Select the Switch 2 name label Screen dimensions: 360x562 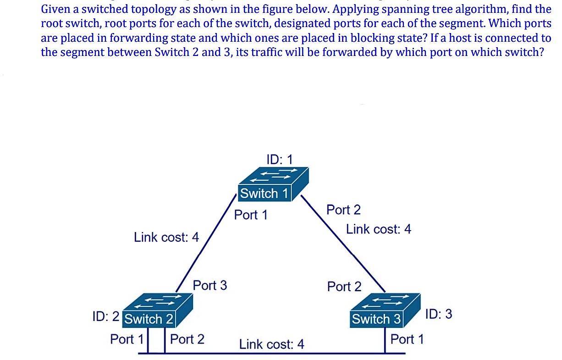click(x=149, y=319)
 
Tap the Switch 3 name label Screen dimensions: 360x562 click(x=376, y=319)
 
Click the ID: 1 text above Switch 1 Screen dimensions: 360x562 click(x=279, y=159)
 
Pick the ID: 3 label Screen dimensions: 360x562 click(x=439, y=314)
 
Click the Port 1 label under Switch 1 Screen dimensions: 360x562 click(x=251, y=215)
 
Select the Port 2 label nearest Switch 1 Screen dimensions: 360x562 click(x=343, y=210)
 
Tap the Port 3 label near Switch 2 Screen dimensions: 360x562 click(x=210, y=285)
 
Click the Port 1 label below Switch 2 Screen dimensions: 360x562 click(x=127, y=339)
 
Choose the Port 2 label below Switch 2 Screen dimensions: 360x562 click(x=187, y=339)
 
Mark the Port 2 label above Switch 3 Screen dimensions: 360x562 click(x=344, y=287)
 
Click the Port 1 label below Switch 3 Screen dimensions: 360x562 click(x=407, y=339)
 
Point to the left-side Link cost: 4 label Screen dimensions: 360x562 click(x=166, y=237)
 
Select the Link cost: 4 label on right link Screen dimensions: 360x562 click(x=379, y=229)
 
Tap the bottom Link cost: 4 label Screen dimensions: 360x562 click(x=272, y=344)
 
